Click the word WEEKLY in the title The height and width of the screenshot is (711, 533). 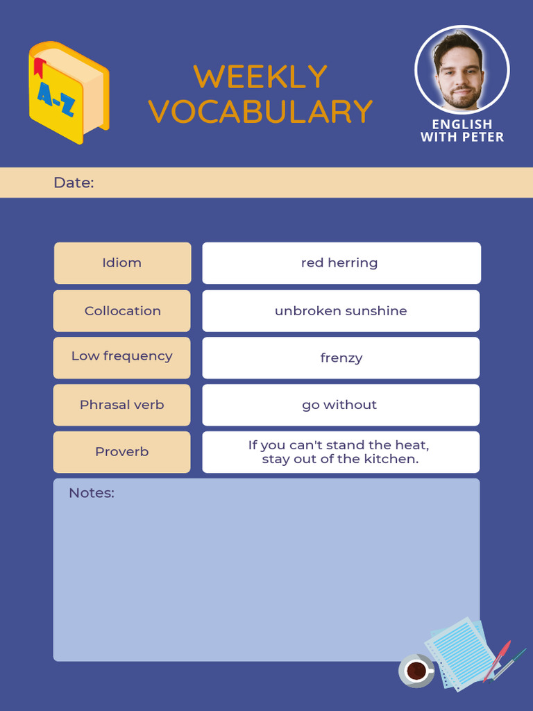tap(260, 77)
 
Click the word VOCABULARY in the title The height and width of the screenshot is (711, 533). tap(261, 112)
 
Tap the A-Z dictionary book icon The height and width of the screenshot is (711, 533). tap(68, 92)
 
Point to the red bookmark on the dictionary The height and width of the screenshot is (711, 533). tap(39, 67)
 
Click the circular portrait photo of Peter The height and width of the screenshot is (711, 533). tap(462, 69)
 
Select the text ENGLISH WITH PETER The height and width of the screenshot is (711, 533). tap(462, 131)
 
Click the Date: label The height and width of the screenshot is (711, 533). tap(74, 183)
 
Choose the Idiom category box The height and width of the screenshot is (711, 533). tap(122, 263)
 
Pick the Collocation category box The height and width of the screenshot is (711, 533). tap(122, 311)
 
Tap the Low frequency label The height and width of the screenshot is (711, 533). tap(122, 356)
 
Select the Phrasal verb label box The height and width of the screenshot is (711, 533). tap(122, 405)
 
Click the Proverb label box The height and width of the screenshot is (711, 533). tap(122, 452)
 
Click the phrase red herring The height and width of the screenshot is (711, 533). tap(339, 263)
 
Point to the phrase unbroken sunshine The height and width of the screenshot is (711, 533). tap(341, 311)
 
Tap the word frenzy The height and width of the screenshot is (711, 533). tap(341, 358)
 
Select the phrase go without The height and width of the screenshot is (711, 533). tap(339, 405)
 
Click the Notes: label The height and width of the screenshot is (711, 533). tap(92, 494)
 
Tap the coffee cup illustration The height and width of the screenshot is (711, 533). tap(416, 671)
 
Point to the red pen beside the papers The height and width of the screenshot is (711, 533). tap(498, 659)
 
